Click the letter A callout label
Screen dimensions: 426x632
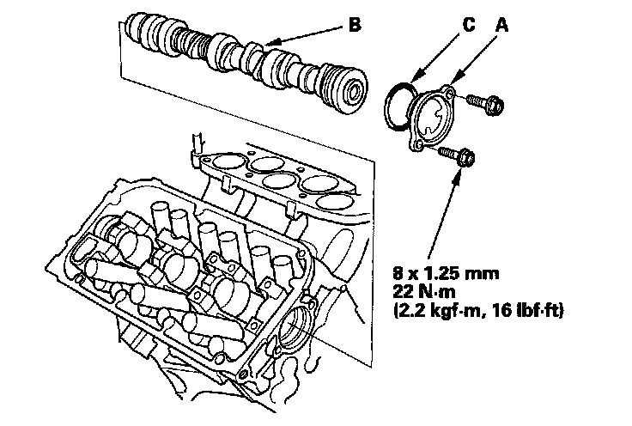503,26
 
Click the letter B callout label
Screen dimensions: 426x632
355,25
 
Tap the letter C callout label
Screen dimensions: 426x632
468,26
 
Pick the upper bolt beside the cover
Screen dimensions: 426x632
489,104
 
